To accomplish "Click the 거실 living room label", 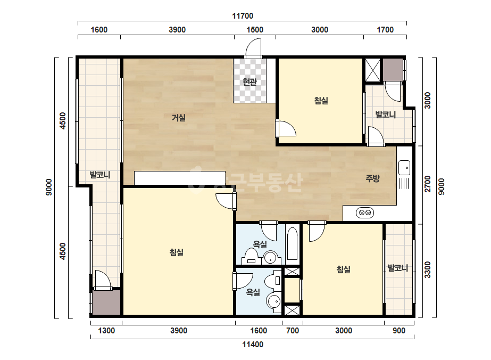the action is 179,118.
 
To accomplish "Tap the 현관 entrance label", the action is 249,82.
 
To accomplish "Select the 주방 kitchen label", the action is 372,178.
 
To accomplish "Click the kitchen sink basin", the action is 404,168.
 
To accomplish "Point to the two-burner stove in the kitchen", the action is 365,212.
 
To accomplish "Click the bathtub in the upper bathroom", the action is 292,244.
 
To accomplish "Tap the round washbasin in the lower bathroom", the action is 274,301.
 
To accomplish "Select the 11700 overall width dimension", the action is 243,15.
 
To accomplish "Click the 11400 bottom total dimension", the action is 253,345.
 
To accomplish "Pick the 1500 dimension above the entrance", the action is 255,30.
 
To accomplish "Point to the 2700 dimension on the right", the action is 428,184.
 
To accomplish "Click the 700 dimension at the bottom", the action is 293,331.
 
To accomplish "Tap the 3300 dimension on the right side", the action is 428,269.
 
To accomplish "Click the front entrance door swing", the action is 253,48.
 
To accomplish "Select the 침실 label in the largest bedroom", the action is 176,252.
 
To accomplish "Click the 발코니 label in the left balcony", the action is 100,175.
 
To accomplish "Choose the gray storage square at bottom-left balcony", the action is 106,302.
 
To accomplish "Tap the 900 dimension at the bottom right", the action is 399,331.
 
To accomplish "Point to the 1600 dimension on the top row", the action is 99,30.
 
